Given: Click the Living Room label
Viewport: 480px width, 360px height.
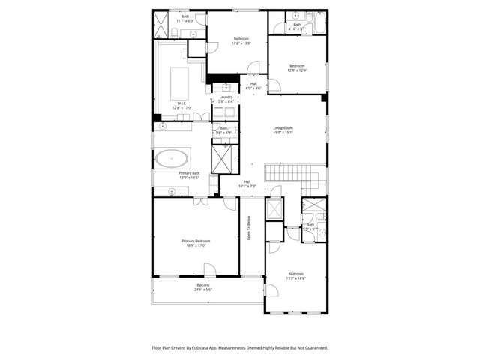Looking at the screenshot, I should coord(282,130).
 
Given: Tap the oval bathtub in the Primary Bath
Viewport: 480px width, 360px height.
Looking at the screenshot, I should coord(172,158).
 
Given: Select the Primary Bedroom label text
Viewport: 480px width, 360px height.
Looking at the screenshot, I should coord(195,242).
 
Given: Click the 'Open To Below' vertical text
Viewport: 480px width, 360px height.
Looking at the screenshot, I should coord(249,229).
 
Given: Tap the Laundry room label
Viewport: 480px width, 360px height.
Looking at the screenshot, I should coord(226,98).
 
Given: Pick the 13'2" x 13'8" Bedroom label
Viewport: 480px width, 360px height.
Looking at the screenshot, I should coord(241,40).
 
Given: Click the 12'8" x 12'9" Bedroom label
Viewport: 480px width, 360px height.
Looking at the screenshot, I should coord(297,67).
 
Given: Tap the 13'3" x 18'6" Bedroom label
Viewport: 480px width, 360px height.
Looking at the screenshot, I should coord(295,275).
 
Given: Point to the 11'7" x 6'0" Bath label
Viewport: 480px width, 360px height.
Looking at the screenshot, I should coord(184,18).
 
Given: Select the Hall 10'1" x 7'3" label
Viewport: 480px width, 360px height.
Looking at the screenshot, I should coord(247,184).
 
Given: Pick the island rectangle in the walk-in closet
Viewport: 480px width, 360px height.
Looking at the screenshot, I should coord(181,78).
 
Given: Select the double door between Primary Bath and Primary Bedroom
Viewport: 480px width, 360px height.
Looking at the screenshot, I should coord(198,200).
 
